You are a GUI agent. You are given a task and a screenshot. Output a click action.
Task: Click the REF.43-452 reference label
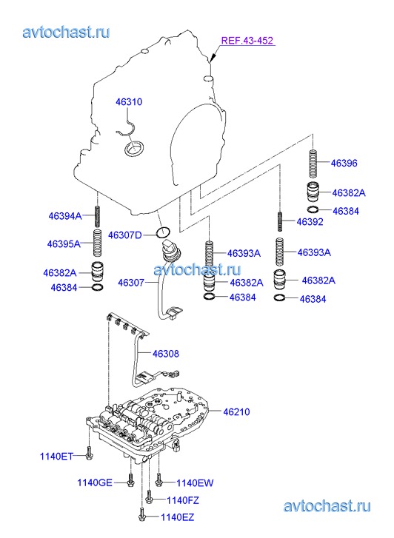pos(247,41)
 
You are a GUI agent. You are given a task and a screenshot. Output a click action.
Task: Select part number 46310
pos(129,102)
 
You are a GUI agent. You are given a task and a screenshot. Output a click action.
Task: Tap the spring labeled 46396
pos(313,164)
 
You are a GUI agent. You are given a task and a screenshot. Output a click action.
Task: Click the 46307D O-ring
pos(163,232)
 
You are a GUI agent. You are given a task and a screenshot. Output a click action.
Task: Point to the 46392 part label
pos(310,222)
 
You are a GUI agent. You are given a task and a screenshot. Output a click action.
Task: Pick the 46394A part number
pos(65,216)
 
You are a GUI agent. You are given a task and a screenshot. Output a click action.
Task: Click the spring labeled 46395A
pos(98,243)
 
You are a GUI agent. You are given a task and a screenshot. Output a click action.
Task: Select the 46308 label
pos(166,354)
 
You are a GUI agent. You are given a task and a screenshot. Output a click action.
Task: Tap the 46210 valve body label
pos(236,411)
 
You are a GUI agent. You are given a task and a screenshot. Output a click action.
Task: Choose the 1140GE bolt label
pos(95,482)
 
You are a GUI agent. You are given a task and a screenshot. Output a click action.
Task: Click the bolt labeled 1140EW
pos(158,480)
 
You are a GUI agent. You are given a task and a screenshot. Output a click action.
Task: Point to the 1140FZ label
pos(183,500)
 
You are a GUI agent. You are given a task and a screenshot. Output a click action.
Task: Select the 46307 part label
pos(131,283)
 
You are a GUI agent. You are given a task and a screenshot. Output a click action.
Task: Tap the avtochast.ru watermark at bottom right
pos(327,506)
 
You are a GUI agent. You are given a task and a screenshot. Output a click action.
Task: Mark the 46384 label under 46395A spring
pos(64,288)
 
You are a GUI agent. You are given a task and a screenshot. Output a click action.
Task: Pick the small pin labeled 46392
pos(280,222)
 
